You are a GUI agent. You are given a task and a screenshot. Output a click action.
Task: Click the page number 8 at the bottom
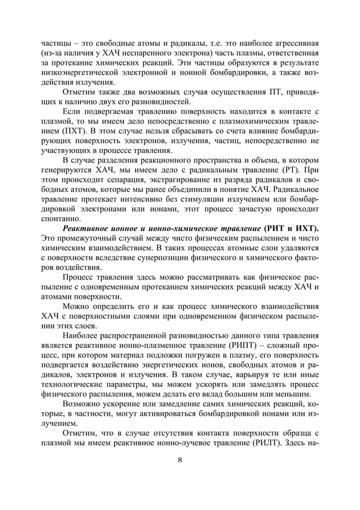(x=179, y=459)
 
